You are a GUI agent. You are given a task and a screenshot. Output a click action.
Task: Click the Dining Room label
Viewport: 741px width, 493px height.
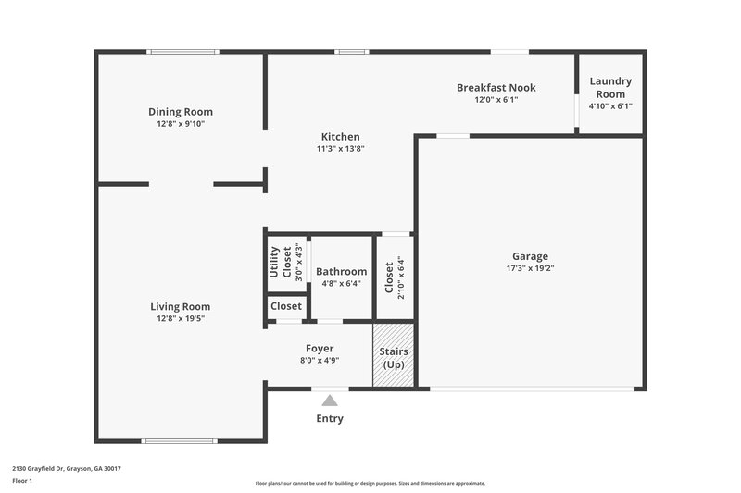tap(181, 112)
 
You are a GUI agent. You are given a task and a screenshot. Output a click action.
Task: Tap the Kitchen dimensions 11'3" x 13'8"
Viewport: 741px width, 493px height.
tap(340, 148)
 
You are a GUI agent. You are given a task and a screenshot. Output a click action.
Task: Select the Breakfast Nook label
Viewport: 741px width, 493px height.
tap(496, 88)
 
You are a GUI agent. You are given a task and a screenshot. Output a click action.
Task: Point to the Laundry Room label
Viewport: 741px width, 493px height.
tap(610, 87)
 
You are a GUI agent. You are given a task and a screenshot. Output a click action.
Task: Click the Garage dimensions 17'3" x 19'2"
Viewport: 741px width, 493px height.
tap(530, 268)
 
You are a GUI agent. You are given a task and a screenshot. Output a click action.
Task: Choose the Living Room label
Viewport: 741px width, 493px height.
tap(181, 306)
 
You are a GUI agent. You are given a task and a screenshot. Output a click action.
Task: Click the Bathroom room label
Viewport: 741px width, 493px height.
tap(341, 272)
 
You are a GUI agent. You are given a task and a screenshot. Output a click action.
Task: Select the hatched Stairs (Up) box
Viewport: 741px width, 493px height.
tap(394, 356)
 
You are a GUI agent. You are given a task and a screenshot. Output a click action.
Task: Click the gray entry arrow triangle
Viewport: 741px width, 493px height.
tap(330, 401)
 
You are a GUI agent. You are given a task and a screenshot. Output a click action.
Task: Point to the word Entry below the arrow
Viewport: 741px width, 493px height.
tap(330, 418)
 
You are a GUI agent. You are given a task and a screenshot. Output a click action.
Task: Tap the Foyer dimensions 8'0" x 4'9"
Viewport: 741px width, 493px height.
tap(320, 361)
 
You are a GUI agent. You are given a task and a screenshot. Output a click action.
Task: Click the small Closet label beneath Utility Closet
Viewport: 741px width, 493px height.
tap(286, 306)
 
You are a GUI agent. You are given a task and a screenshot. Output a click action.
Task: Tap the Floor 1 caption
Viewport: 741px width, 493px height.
tap(23, 481)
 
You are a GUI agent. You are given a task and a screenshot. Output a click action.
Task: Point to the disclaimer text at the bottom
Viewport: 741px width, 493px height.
tap(370, 483)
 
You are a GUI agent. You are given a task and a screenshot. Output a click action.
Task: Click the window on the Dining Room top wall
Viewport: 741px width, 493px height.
tap(183, 52)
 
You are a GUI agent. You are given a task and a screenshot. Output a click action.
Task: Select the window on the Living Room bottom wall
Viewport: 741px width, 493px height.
tap(179, 440)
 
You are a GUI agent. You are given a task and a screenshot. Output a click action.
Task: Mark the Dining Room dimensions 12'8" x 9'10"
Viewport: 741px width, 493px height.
tap(181, 124)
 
